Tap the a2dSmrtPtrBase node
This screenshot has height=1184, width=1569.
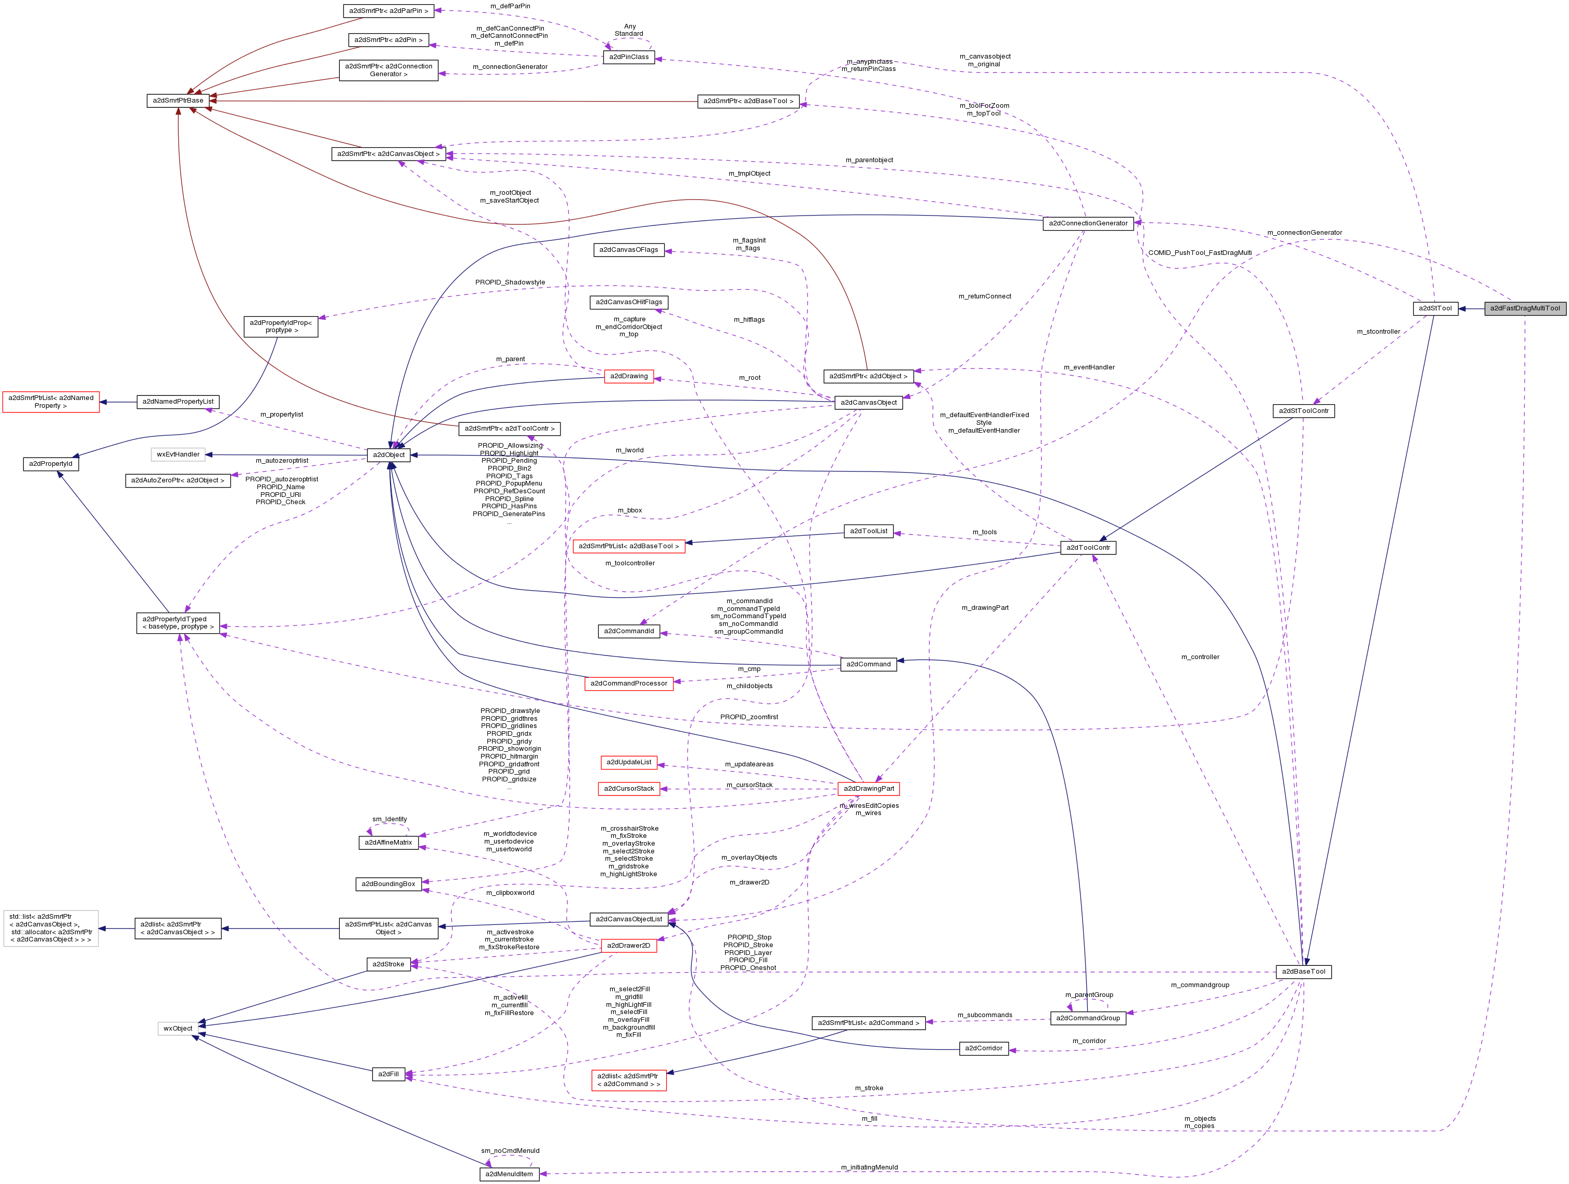coord(178,101)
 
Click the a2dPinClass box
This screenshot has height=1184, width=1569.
coord(628,57)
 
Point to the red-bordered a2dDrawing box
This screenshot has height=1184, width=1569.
coord(628,376)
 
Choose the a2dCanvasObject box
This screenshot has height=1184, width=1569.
coord(868,402)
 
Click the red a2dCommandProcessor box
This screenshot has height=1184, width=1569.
coord(628,683)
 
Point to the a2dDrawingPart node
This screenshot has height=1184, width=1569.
coord(868,788)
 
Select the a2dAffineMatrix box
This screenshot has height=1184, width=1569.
coord(388,842)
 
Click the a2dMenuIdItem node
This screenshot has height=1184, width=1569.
coord(509,1174)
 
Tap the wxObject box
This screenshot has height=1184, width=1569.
coord(178,1028)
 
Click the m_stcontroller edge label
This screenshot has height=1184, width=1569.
coord(1378,331)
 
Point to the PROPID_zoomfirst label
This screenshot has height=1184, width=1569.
coord(748,717)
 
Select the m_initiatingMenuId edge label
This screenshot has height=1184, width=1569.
coord(869,1167)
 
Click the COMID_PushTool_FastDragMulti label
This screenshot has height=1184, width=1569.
coord(1200,252)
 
